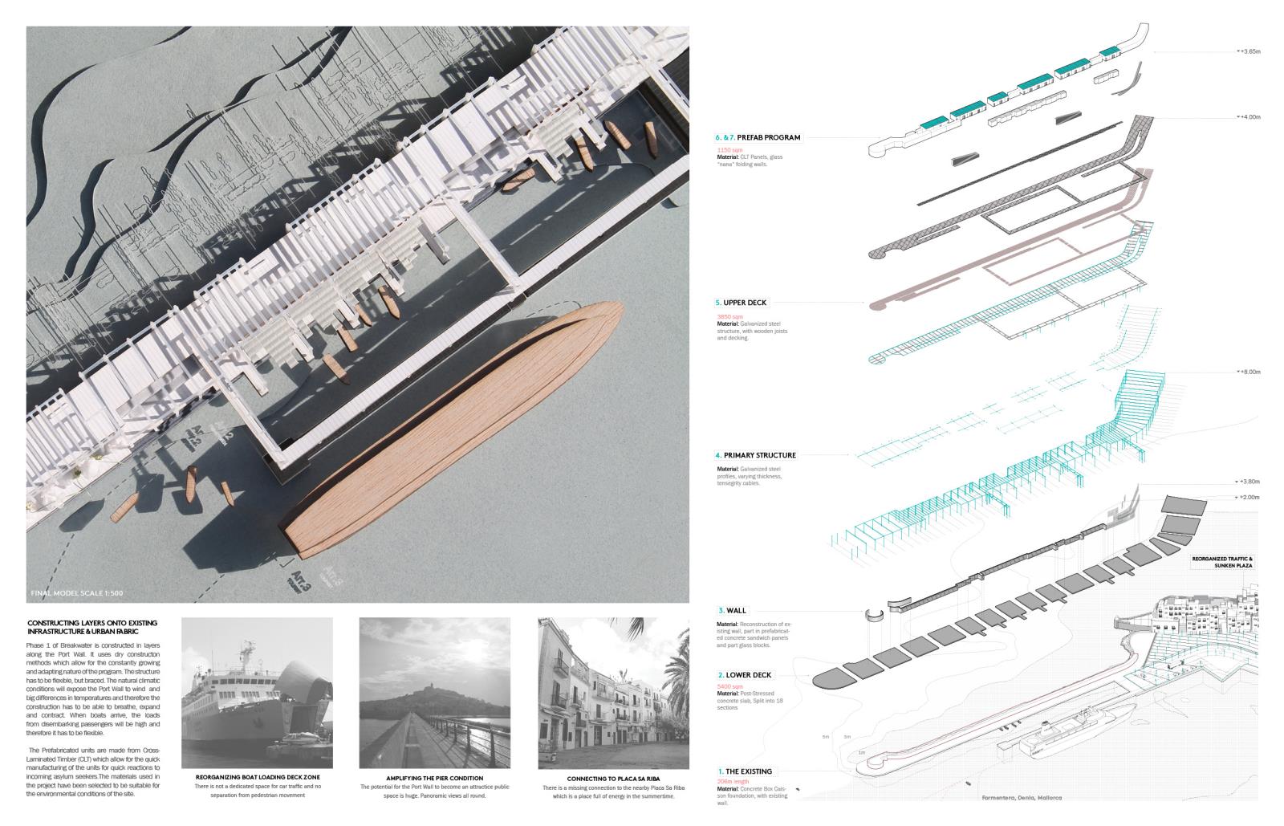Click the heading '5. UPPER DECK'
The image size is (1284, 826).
[741, 303]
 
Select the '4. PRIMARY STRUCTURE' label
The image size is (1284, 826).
[756, 455]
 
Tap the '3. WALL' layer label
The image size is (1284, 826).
[732, 611]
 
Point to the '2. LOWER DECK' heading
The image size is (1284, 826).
[745, 675]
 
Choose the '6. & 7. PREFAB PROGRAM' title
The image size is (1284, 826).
[758, 137]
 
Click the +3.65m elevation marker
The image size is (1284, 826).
[1248, 51]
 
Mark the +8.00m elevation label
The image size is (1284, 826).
[1248, 372]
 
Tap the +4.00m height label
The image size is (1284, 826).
[1248, 117]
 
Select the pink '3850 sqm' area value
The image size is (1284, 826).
[729, 317]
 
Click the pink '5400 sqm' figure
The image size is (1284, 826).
[729, 687]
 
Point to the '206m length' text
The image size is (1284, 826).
[733, 781]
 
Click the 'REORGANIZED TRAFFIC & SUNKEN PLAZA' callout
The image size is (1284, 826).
[1221, 562]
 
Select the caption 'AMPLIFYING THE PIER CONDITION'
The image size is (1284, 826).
[434, 778]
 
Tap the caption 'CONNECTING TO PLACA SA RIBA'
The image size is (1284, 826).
[613, 779]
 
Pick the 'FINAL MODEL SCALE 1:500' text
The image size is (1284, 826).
[75, 593]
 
